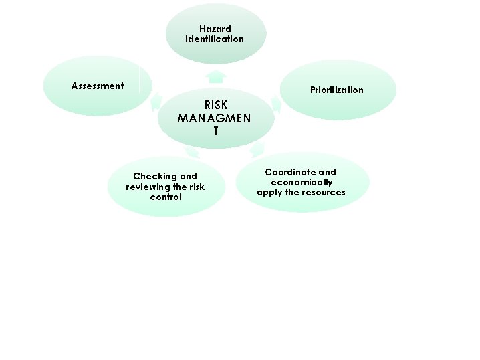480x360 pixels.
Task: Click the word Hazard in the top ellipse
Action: pos(215,29)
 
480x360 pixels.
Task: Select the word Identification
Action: pos(215,39)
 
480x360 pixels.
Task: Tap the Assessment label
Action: pos(98,86)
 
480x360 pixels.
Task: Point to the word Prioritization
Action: pos(337,90)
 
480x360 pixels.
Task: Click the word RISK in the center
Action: pos(215,105)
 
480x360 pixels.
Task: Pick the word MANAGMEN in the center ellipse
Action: pos(215,118)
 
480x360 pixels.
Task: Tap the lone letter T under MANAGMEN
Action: pos(215,131)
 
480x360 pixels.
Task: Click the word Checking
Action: pos(156,177)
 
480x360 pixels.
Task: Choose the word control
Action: pos(166,197)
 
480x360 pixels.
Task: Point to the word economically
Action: pos(302,182)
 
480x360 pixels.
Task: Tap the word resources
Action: pos(323,192)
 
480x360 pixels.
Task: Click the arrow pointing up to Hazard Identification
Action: pos(216,75)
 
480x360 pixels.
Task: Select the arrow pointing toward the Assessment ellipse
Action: pos(156,102)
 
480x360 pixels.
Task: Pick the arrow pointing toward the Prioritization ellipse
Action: pos(275,104)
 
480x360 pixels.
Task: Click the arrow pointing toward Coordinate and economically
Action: pos(257,149)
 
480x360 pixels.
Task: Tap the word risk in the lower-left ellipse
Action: pos(197,187)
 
